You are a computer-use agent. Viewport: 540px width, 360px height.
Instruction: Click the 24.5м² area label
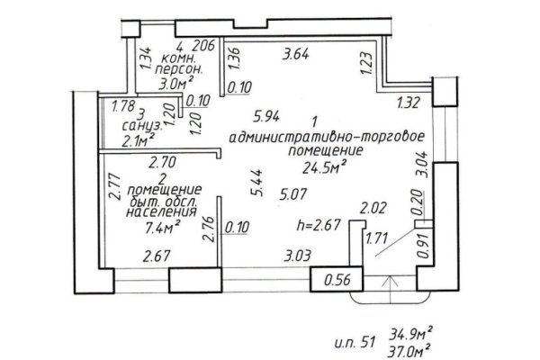[x=324, y=167]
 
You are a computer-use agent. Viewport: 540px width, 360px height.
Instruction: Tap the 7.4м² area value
[x=163, y=228]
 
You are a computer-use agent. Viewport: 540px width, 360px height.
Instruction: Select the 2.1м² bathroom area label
[x=138, y=140]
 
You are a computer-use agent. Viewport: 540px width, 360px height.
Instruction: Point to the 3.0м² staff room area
[x=175, y=84]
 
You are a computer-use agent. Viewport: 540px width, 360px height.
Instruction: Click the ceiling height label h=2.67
[x=319, y=225]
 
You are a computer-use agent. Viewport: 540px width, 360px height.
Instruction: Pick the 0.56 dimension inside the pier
[x=337, y=279]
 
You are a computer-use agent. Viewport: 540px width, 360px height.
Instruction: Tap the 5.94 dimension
[x=266, y=116]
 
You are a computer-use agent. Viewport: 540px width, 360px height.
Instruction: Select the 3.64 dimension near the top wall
[x=296, y=54]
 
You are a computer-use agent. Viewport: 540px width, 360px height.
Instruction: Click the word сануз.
[x=142, y=126]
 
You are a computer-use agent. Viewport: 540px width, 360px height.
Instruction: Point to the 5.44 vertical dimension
[x=258, y=183]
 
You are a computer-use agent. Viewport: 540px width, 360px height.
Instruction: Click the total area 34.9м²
[x=411, y=334]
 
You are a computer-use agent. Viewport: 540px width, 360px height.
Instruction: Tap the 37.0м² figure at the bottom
[x=409, y=351]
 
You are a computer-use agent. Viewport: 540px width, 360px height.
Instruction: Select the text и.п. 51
[x=355, y=342]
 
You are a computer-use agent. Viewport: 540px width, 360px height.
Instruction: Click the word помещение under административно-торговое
[x=326, y=151]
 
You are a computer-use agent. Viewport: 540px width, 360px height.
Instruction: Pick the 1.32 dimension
[x=409, y=103]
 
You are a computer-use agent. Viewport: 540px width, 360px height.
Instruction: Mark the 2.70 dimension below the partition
[x=162, y=162]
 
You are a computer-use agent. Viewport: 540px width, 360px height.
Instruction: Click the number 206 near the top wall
[x=203, y=46]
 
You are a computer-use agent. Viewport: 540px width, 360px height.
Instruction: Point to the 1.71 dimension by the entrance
[x=377, y=238]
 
